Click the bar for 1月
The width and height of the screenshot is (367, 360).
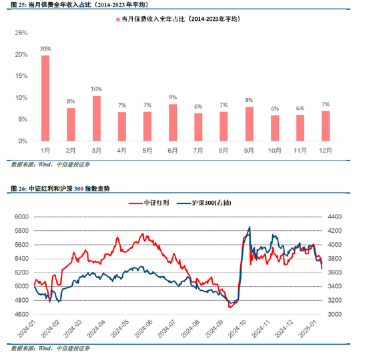coord(45,99)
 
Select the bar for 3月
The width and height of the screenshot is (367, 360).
coord(96,119)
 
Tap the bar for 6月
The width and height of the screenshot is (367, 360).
coord(173,123)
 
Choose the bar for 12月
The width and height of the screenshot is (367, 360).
coord(325,126)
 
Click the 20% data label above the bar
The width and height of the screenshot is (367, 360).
coord(45,49)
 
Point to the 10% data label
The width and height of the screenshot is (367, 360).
coord(96,89)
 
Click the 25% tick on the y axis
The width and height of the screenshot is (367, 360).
coord(21,33)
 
